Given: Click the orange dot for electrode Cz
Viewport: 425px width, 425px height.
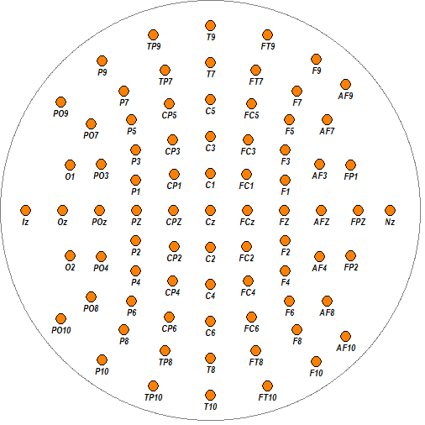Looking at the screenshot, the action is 210,211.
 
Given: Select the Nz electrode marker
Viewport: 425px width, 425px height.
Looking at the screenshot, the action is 390,211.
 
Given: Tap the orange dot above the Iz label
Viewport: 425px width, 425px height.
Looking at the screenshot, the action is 25,211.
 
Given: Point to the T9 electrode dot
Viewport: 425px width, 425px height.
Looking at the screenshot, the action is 210,26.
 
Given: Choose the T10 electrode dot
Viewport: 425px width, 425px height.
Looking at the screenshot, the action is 210,396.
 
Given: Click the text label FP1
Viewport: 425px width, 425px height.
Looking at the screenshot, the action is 351,176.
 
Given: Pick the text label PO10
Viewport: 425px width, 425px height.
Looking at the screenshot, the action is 61,330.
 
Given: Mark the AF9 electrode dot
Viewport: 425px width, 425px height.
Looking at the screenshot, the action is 345,85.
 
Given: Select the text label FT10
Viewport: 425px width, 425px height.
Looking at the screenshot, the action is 267,397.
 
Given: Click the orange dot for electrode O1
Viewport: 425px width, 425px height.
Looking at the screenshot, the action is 70,165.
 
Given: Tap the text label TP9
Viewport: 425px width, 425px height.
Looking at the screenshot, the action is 154,46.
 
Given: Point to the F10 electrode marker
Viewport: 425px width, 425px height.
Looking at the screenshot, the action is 316,362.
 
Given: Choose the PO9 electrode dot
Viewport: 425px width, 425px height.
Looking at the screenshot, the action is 60,102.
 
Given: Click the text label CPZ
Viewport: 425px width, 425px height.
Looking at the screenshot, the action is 174,222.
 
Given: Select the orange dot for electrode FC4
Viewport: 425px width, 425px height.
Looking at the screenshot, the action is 248,281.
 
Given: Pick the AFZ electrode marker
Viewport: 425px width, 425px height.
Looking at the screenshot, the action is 321,211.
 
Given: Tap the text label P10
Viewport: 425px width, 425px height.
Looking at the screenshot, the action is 102,371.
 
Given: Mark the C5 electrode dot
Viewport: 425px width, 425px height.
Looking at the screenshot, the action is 210,100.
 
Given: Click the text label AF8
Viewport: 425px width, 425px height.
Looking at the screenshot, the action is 327,312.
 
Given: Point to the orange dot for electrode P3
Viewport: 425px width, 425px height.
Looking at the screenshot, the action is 135,150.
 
